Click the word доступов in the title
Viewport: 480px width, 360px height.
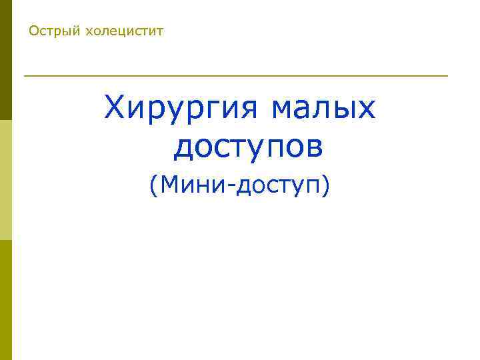click(249, 147)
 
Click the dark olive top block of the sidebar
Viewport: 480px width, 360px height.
click(6, 60)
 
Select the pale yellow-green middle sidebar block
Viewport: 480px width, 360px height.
click(6, 180)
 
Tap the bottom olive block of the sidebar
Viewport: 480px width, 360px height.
click(6, 300)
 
